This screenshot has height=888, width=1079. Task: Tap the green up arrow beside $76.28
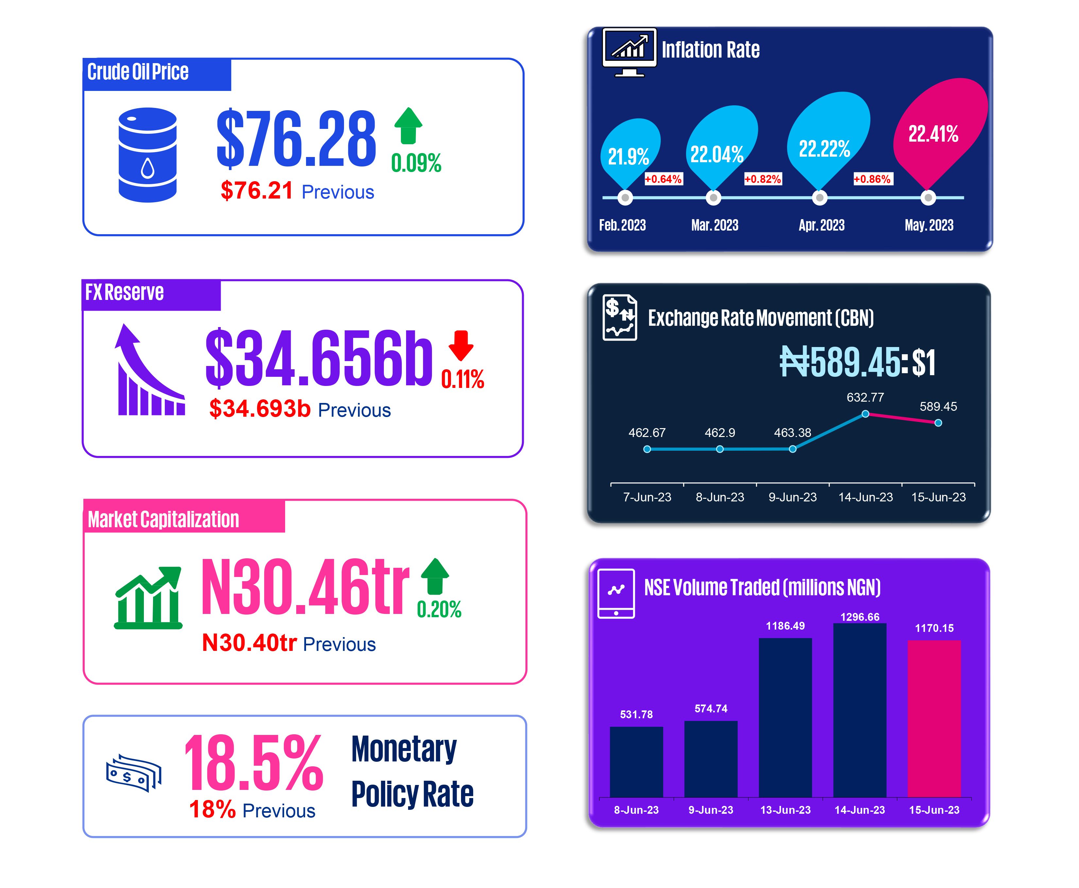pos(408,125)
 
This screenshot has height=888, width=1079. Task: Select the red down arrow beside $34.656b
pos(461,346)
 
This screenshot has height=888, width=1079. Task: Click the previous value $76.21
pos(257,191)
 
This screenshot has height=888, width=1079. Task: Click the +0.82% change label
pos(762,179)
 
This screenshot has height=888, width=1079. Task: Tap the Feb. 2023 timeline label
pos(622,225)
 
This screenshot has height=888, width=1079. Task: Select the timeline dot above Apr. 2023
pos(819,198)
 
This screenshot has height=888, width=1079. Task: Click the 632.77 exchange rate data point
pos(865,414)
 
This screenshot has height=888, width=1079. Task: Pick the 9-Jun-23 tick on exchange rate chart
pos(792,497)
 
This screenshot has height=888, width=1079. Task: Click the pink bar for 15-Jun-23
pos(934,718)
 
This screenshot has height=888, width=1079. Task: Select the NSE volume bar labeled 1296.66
pos(860,710)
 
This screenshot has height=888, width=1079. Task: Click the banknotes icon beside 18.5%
pos(133,773)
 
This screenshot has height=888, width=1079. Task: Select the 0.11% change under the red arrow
pos(462,379)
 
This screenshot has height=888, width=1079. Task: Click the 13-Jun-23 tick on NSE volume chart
pos(785,810)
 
